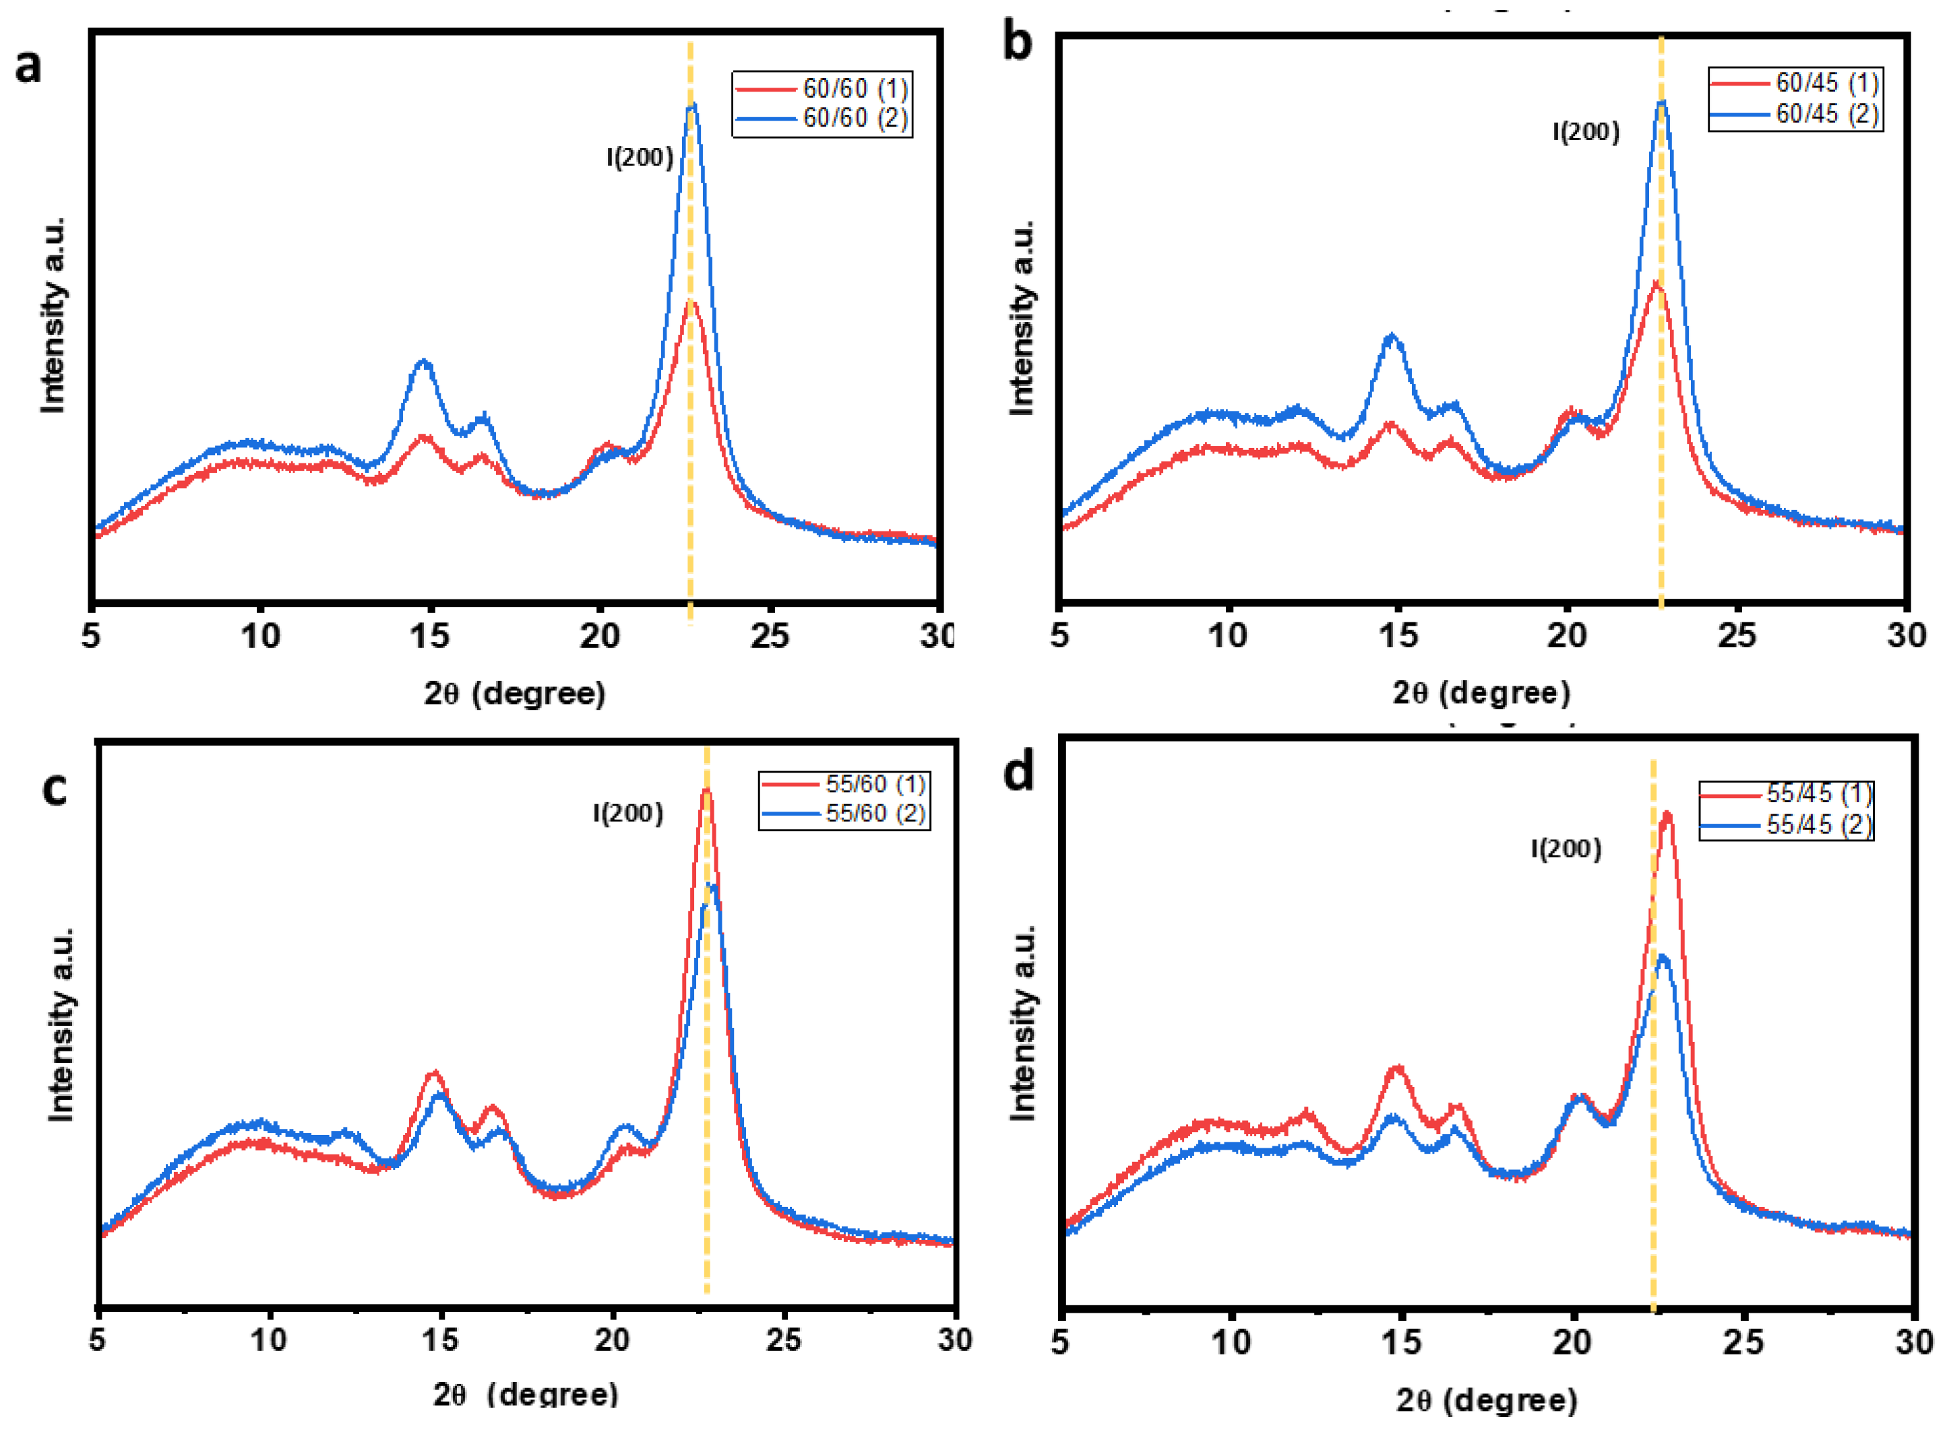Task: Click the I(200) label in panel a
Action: point(639,158)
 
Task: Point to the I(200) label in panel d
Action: point(1566,849)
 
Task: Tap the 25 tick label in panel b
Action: point(1736,635)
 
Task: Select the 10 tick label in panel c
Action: point(269,1340)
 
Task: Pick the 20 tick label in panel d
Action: point(1572,1342)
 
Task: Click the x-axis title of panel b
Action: point(1481,693)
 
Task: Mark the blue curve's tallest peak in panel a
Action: point(692,106)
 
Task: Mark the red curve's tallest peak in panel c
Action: point(706,791)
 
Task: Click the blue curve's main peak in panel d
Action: point(1661,957)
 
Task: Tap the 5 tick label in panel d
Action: point(1059,1342)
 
